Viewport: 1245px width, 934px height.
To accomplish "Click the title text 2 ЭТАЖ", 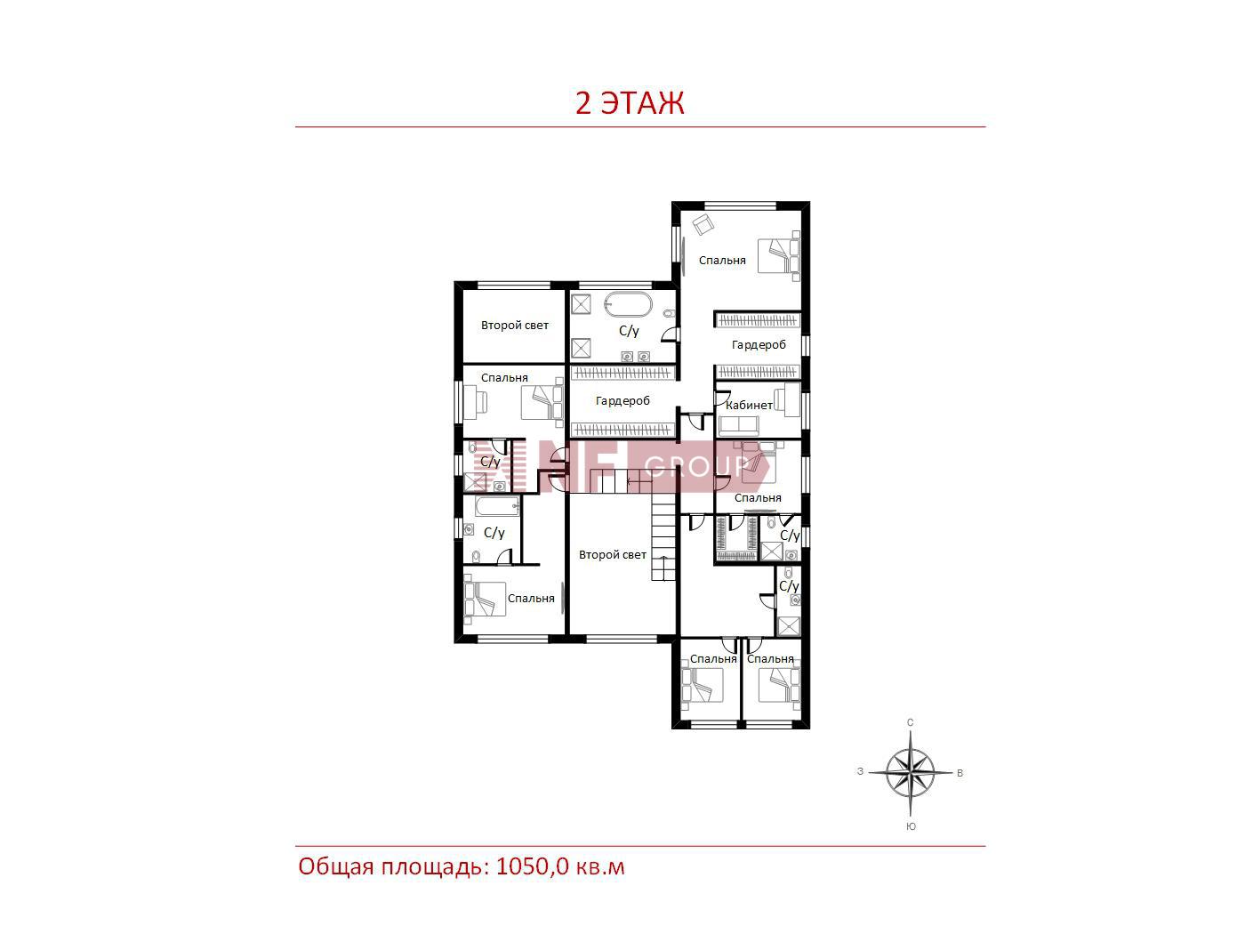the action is (630, 103).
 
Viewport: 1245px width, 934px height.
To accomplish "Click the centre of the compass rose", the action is (911, 772).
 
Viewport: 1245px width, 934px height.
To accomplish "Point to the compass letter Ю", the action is (911, 826).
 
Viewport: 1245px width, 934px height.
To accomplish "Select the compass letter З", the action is (861, 771).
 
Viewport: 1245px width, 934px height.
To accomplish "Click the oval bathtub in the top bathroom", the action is (628, 304).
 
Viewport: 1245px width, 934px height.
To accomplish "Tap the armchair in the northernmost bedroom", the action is (703, 224).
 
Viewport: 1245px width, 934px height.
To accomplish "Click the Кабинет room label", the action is (749, 405).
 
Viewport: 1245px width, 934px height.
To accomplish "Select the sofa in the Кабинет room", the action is (738, 425).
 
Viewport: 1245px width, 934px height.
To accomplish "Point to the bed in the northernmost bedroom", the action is (779, 256).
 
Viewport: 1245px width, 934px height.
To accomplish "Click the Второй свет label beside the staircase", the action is (612, 554).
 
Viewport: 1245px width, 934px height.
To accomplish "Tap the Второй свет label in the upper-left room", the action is (514, 326).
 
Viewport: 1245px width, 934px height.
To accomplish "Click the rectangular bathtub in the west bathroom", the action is (497, 506).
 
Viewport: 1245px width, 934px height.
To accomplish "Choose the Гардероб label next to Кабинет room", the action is (759, 345).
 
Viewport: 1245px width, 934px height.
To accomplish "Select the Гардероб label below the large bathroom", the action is (622, 401).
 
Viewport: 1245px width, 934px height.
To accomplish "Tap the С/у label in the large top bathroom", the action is (629, 331).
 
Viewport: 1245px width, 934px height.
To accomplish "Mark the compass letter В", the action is (960, 773).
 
